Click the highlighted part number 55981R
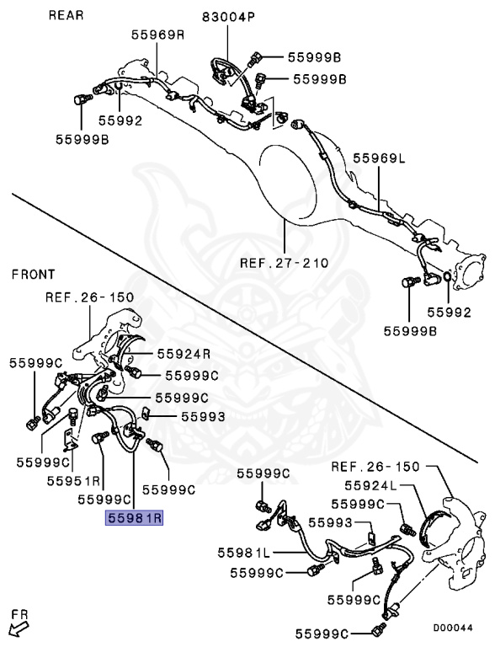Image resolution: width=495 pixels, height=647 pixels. (135, 517)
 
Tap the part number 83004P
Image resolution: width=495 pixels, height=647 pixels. (228, 18)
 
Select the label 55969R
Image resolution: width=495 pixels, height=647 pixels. (158, 35)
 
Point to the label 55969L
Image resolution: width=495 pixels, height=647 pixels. (380, 158)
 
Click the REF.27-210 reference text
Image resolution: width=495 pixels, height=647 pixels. (285, 263)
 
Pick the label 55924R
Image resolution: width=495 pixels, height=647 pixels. (184, 354)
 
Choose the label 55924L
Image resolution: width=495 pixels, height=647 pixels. (370, 485)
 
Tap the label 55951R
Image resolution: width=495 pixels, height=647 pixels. (73, 481)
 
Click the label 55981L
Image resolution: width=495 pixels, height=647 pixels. (244, 553)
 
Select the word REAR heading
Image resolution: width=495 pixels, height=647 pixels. (66, 15)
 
